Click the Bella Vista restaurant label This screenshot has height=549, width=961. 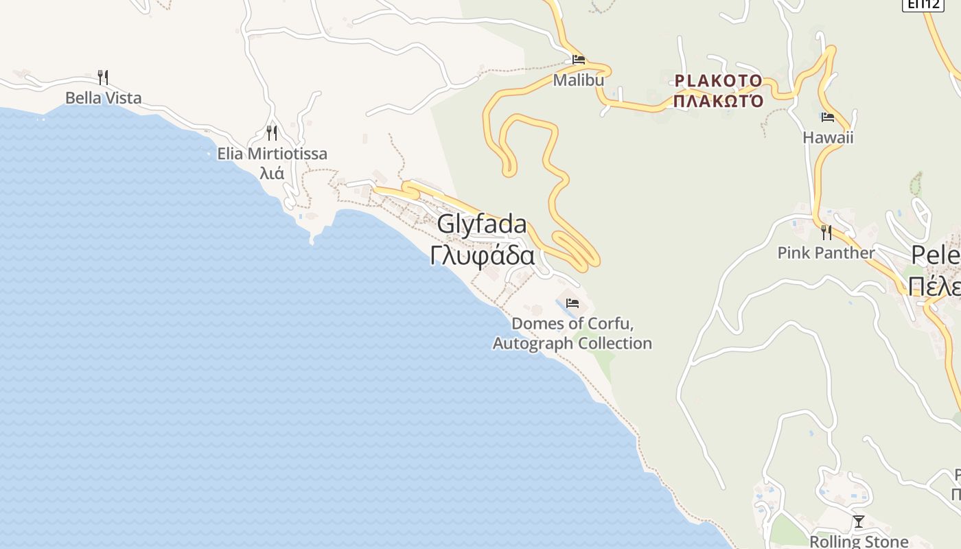point(103,98)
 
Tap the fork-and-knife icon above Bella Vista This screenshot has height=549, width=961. point(103,77)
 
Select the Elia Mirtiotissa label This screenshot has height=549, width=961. point(272,154)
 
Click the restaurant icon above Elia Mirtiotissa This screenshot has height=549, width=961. point(272,132)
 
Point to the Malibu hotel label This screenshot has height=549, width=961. point(579,80)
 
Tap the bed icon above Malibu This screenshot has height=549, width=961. point(579,60)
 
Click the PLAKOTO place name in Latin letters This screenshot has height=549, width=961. point(718,81)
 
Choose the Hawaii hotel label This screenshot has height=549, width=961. point(828,137)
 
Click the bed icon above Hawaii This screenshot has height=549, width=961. point(827,117)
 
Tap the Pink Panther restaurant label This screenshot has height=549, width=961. point(826,253)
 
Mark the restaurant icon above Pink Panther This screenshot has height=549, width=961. point(826,233)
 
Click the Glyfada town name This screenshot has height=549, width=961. point(482,224)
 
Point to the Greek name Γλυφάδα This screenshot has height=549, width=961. point(482,255)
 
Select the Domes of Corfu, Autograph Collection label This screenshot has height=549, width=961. point(572,333)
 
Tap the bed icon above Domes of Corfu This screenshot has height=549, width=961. point(572,303)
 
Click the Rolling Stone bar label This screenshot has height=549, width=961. point(859,541)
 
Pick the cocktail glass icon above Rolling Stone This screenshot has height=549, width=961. point(858,522)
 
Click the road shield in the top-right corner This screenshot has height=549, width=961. point(923,4)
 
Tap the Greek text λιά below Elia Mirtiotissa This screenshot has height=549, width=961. point(272,173)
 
